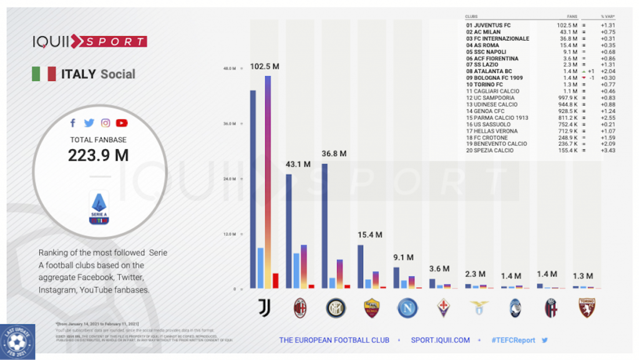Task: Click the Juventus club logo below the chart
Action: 264,308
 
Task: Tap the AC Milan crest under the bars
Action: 300,308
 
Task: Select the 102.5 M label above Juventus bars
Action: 265,66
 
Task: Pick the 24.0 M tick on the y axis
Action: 230,179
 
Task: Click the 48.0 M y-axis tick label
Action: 230,68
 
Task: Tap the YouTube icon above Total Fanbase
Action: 122,123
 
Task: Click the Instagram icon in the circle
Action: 106,123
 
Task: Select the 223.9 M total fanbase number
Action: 98,155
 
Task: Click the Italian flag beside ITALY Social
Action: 44,74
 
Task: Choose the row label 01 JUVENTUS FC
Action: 489,25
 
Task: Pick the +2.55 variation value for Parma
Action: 608,117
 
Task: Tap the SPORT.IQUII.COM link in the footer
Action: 441,340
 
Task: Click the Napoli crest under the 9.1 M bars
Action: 406,308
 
